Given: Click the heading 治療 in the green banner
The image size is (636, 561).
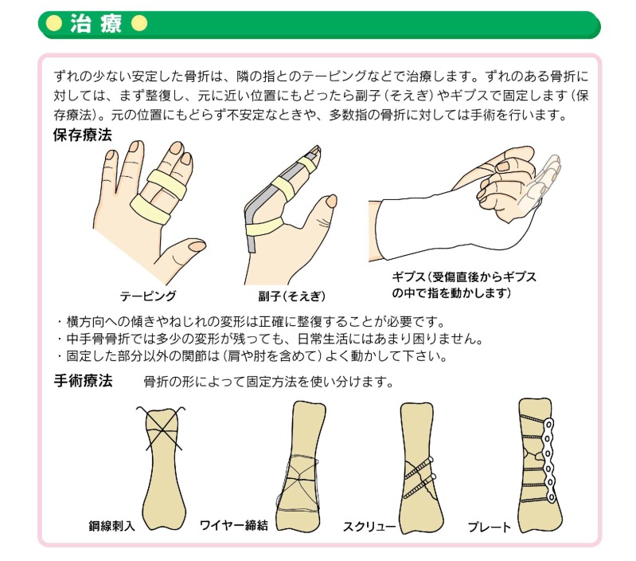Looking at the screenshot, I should point(96,25).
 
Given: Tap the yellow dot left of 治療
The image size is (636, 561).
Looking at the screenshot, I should point(54,25).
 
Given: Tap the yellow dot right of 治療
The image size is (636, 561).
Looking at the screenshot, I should point(139,25).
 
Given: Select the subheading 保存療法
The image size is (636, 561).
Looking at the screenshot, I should point(81,135).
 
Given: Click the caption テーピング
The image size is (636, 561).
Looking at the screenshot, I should point(147,296).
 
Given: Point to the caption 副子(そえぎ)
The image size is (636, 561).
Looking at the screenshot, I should point(292,296).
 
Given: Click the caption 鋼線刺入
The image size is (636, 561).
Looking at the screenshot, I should point(112,527).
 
